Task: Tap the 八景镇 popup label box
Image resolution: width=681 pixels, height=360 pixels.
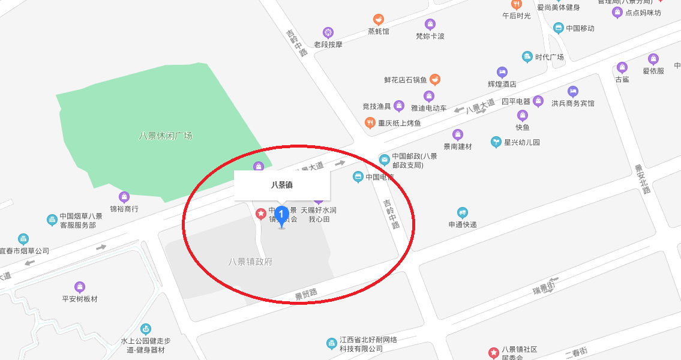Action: tap(282, 185)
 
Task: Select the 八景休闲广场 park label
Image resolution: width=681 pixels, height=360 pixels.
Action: tap(166, 136)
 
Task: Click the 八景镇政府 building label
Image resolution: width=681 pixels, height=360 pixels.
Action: tap(250, 262)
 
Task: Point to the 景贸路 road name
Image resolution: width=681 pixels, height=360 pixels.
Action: tap(306, 293)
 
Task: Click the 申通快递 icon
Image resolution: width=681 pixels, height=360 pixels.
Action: tap(462, 212)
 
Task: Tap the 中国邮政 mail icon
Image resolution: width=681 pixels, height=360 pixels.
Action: tap(384, 160)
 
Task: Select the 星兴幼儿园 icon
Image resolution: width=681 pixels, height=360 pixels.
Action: tap(496, 142)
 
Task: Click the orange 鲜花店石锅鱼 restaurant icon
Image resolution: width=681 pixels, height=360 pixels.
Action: tap(435, 79)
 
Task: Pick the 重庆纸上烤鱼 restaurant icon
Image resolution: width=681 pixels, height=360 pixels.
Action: tap(370, 123)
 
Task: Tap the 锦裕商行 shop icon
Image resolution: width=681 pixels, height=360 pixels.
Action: tap(124, 197)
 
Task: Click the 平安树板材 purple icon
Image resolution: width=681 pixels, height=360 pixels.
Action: tap(80, 287)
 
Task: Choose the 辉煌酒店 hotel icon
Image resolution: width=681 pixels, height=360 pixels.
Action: tap(502, 73)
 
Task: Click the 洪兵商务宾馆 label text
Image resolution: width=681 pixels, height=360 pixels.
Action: tap(573, 103)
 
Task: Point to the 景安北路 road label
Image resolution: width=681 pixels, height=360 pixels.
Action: tap(643, 179)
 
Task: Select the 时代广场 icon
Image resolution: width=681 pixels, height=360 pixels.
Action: tap(527, 57)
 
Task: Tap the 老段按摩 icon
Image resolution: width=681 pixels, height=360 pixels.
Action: tap(328, 32)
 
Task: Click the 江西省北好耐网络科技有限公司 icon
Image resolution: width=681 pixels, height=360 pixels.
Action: tap(331, 344)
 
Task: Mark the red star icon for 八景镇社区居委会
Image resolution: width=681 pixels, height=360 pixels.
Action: tap(493, 353)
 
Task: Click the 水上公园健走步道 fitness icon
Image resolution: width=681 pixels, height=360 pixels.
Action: tap(145, 329)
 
